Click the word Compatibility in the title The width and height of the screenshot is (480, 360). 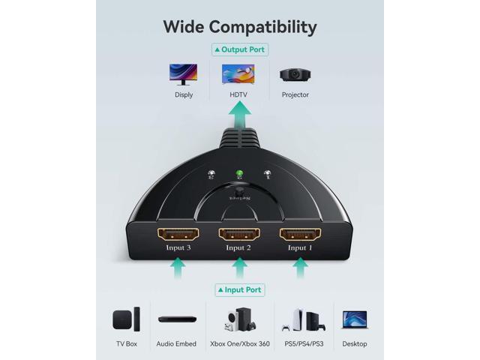click(262, 28)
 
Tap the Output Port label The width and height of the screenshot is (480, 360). click(240, 49)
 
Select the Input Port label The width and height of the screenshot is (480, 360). click(240, 290)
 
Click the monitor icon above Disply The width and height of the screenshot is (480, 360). click(184, 73)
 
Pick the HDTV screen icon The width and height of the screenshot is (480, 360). click(238, 73)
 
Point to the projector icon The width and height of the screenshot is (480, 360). click(295, 73)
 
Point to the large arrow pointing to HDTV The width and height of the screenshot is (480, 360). click(240, 116)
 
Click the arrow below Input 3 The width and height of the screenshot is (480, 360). click(178, 267)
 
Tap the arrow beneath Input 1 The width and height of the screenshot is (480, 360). click(300, 267)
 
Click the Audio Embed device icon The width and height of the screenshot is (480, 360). click(177, 319)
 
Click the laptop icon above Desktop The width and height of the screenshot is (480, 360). click(355, 319)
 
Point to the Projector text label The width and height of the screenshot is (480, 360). click(295, 95)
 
